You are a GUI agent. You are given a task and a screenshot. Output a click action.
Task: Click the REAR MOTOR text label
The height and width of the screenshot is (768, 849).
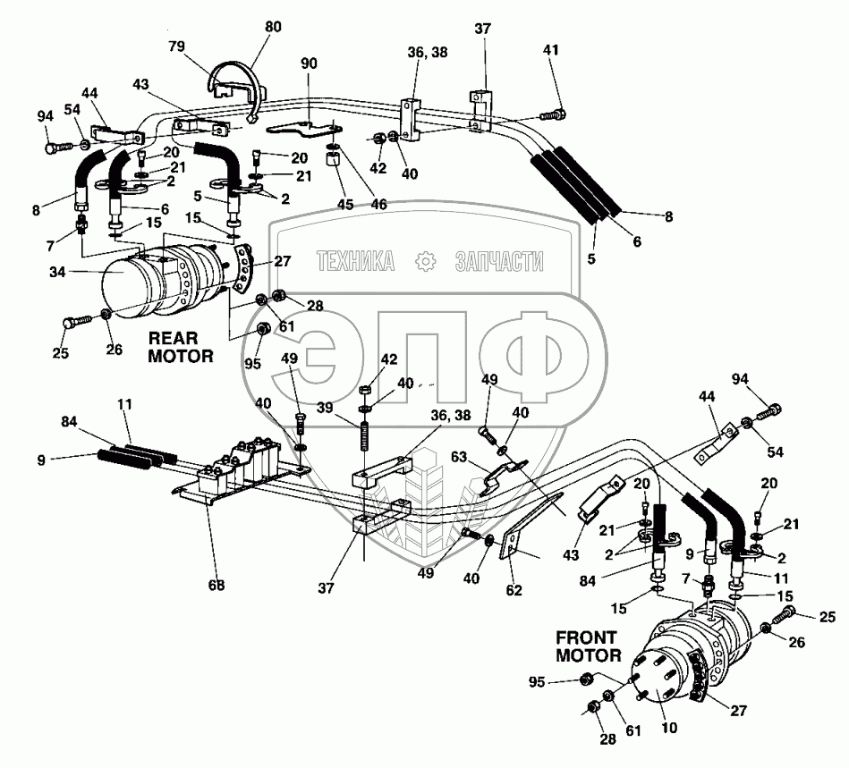[x=180, y=347]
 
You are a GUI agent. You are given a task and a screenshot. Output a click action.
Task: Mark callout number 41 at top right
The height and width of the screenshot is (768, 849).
[x=550, y=50]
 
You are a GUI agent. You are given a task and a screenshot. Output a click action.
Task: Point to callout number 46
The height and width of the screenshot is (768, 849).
[x=378, y=204]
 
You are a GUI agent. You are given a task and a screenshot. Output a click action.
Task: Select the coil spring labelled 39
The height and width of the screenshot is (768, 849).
[x=365, y=434]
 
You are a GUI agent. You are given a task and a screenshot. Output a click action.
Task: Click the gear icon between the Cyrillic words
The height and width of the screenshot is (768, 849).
[x=426, y=261]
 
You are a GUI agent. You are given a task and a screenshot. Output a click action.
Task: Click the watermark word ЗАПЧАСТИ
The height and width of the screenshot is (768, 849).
[x=499, y=261]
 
